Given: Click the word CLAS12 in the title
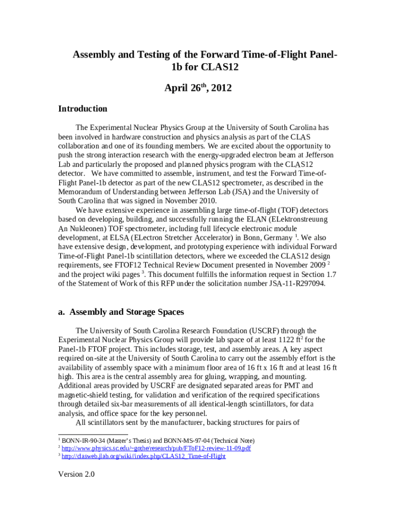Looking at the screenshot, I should pyautogui.click(x=211, y=67).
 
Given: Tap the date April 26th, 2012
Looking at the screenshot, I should pyautogui.click(x=198, y=88).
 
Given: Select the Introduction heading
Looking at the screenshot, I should pyautogui.click(x=83, y=108).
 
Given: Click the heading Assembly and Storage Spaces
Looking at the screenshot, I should pyautogui.click(x=127, y=312).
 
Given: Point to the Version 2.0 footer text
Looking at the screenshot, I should pyautogui.click(x=77, y=474).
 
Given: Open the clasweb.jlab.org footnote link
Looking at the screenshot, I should pyautogui.click(x=143, y=456).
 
